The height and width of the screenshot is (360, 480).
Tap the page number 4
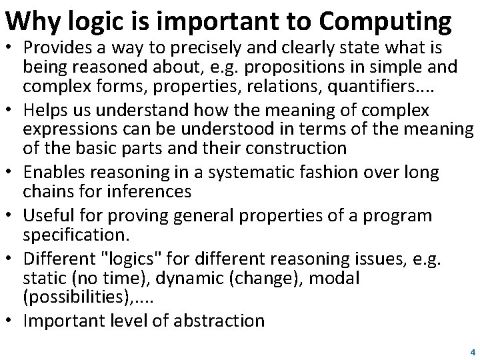click(472, 351)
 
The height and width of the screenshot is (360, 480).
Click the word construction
click(293, 147)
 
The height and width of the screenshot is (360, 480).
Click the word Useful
click(47, 216)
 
